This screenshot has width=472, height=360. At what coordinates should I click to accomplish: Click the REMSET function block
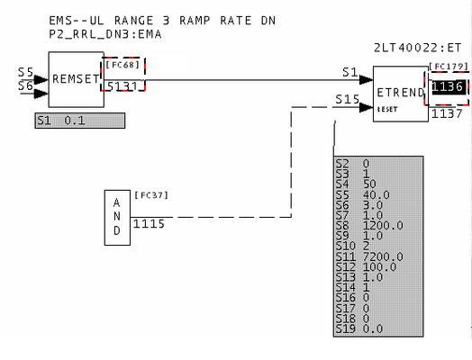click(77, 79)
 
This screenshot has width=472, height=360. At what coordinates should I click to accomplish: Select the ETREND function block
click(401, 94)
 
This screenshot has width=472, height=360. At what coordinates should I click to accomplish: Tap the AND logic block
click(117, 218)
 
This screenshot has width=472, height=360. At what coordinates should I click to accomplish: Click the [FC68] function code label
click(123, 65)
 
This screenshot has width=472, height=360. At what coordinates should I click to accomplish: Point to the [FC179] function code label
click(449, 67)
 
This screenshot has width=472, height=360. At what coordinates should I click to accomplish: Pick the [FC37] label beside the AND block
click(151, 195)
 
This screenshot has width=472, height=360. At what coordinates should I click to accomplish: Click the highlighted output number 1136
click(448, 87)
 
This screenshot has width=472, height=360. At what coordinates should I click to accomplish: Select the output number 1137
click(447, 113)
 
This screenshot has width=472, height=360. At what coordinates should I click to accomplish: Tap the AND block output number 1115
click(149, 224)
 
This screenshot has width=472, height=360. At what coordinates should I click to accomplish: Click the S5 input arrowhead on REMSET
click(41, 80)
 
